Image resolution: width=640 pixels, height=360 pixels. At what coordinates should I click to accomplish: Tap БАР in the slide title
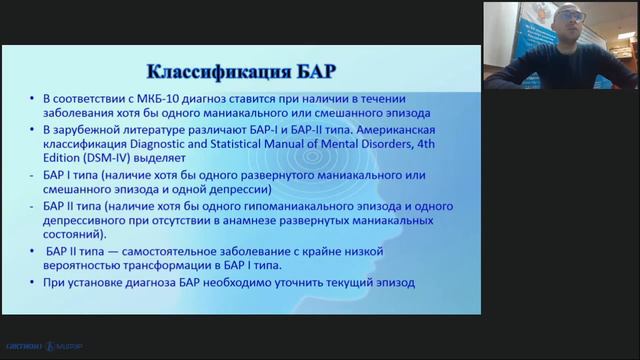pyautogui.click(x=308, y=72)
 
